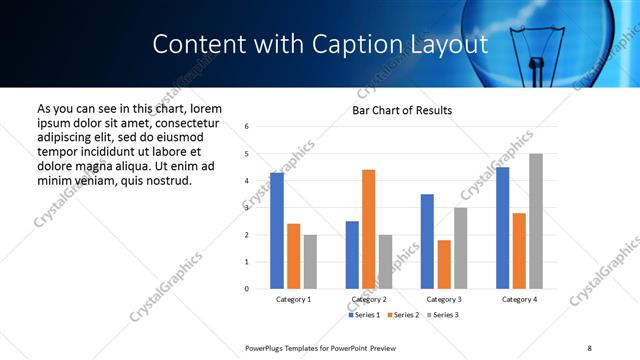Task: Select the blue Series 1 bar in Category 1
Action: (277, 231)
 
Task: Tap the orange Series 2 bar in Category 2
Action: (368, 229)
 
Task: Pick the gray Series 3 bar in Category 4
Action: (536, 221)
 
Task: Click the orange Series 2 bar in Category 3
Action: (444, 264)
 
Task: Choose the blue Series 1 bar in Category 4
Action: (502, 228)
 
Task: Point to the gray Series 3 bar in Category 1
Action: (310, 261)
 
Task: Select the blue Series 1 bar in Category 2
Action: (352, 255)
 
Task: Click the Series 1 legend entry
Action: (364, 315)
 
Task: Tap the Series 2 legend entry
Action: (403, 315)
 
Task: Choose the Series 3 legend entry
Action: (442, 315)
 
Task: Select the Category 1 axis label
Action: (293, 299)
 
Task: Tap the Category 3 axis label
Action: (443, 299)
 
